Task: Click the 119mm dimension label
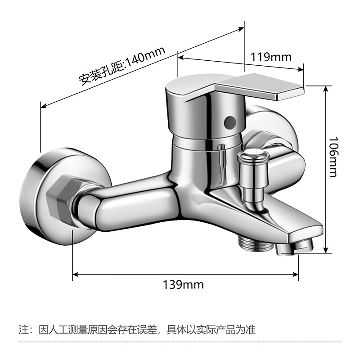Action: (x=271, y=57)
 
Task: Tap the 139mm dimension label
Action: (x=183, y=284)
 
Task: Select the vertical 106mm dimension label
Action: (x=333, y=157)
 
